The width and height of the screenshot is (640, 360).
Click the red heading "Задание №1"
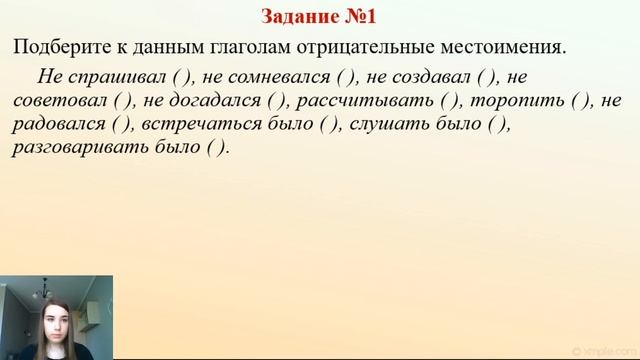[320, 16]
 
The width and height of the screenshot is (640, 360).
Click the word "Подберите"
[58, 46]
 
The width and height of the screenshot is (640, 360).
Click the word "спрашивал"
[112, 78]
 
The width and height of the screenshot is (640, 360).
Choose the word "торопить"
[510, 101]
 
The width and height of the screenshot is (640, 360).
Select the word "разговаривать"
[84, 147]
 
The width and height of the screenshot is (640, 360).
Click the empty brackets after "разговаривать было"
[217, 147]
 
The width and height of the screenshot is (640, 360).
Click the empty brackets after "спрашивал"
[180, 78]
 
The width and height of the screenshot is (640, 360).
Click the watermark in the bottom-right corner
[599, 350]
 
